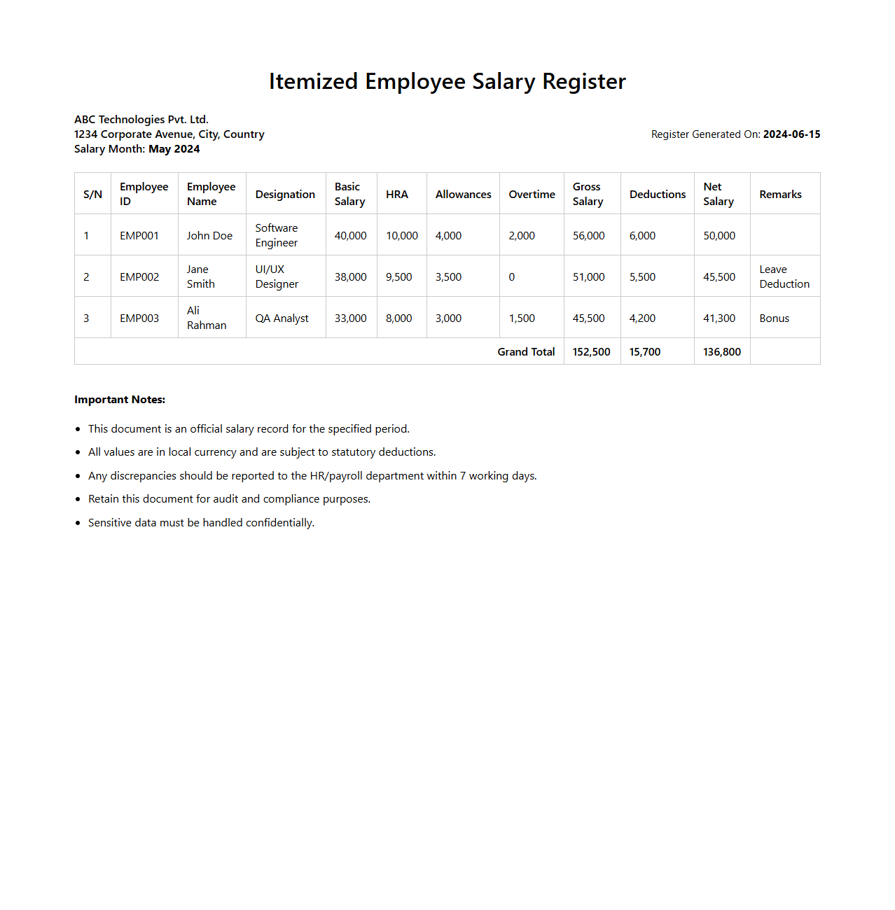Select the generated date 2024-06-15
791,134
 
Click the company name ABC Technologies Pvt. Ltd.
141,120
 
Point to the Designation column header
285,195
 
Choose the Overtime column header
532,195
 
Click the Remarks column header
780,195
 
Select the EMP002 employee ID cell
139,277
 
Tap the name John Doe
209,236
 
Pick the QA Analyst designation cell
282,318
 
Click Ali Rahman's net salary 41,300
719,318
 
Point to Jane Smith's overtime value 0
512,277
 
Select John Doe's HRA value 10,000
402,236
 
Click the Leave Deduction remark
784,277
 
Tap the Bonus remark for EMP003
774,318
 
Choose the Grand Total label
526,352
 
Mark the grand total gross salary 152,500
591,352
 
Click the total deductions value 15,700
644,352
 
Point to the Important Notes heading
120,400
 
